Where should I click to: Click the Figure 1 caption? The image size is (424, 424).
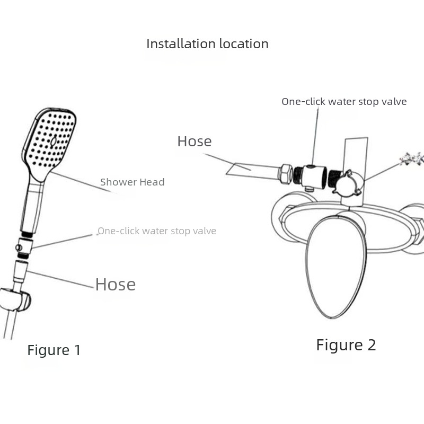point(54,350)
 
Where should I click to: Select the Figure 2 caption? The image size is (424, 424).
point(346,345)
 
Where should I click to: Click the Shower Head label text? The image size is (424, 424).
point(132,182)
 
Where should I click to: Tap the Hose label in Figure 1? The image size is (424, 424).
point(116,285)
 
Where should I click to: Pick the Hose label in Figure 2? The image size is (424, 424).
point(195,142)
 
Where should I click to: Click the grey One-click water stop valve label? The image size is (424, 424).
point(157,231)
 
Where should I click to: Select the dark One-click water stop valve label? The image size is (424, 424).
point(344,101)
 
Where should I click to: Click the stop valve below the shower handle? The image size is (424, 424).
point(23,247)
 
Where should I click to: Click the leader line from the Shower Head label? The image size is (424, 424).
point(85,183)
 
